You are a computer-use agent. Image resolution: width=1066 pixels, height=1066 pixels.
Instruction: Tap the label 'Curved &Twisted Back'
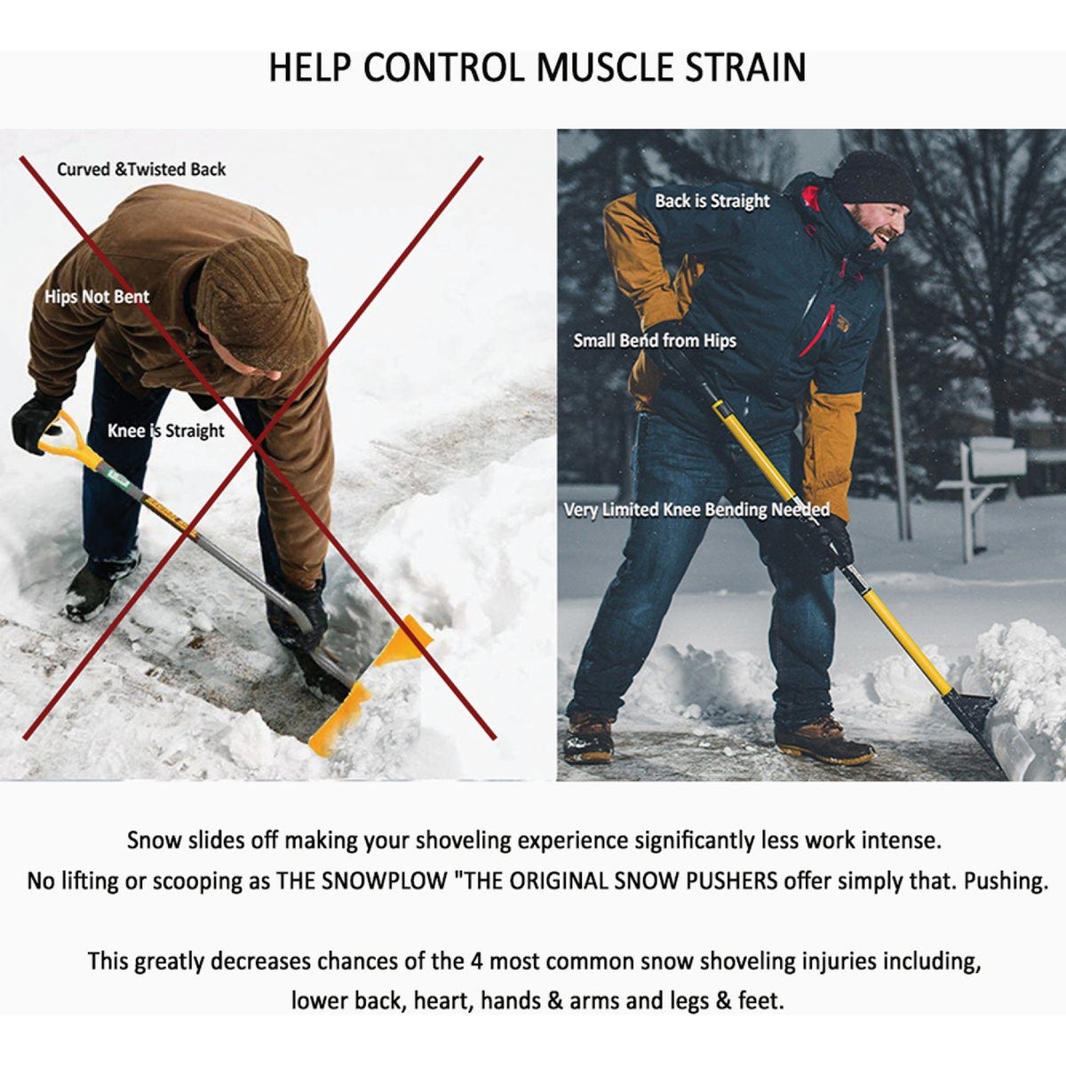click(x=141, y=169)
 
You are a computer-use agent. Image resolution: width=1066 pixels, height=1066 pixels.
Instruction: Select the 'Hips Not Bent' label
click(x=97, y=297)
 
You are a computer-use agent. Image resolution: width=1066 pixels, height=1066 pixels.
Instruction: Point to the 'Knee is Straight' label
click(x=166, y=431)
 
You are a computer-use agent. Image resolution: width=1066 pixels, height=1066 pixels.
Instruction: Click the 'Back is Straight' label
click(x=712, y=201)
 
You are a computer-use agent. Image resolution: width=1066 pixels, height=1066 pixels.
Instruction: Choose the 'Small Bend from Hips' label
click(x=655, y=340)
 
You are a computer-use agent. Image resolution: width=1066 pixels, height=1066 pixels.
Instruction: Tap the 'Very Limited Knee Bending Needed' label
click(x=696, y=510)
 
